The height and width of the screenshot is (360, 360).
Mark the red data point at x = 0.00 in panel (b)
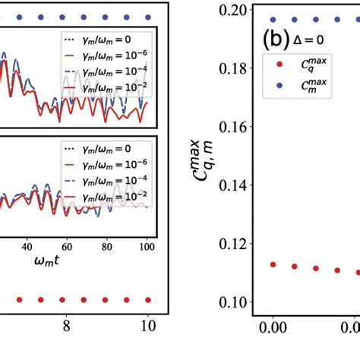(273, 264)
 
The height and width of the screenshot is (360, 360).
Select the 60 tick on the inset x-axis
(67, 247)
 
